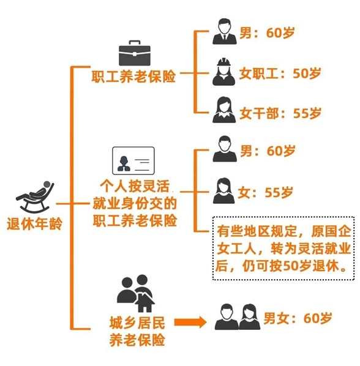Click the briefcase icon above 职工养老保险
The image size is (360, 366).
tap(133, 53)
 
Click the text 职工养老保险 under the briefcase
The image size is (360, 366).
tap(133, 77)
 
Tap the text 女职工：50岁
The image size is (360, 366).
tap(280, 73)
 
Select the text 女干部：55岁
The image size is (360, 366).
tap(280, 113)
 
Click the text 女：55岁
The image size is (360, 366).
tap(266, 192)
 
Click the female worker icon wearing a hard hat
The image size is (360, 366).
tap(224, 72)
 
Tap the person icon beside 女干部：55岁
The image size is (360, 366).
tap(224, 111)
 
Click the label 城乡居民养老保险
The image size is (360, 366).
tap(133, 331)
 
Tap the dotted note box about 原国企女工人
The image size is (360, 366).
tap(282, 247)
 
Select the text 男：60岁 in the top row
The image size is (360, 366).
tap(266, 32)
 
